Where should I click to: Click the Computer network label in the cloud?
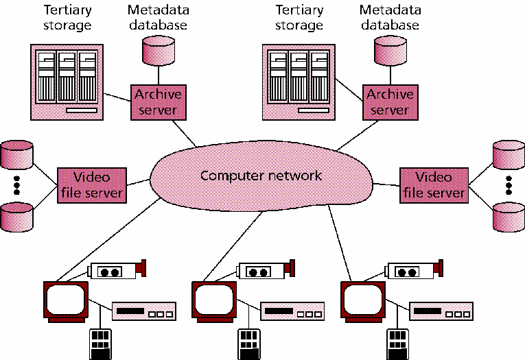[261, 176]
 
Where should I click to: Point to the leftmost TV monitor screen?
[65, 299]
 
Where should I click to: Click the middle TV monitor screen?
[213, 299]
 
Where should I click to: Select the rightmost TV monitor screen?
[362, 299]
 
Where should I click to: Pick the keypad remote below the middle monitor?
[248, 343]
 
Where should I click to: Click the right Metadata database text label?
[388, 18]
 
